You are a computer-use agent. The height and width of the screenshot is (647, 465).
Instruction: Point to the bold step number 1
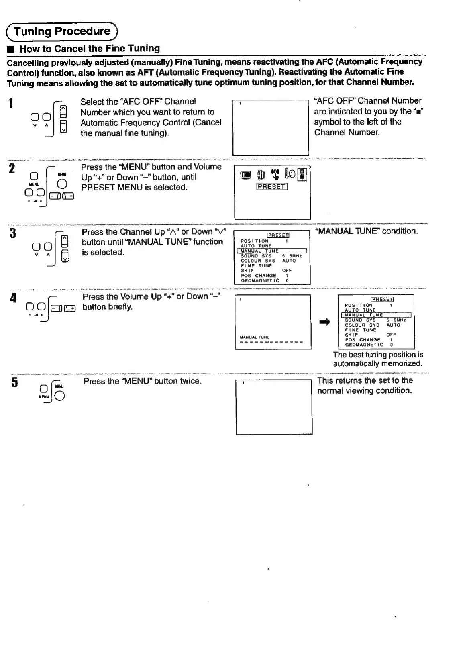[x=12, y=103]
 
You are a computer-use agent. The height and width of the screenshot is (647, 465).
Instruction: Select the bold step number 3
[x=13, y=233]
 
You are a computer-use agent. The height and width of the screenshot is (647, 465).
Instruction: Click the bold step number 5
[x=14, y=382]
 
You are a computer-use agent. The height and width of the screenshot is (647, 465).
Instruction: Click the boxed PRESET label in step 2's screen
[x=272, y=186]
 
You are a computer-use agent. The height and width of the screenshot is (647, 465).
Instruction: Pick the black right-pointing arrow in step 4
[x=324, y=322]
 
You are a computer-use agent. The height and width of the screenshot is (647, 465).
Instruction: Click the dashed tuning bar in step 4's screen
[x=271, y=343]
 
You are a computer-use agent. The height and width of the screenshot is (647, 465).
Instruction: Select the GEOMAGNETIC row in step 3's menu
[x=260, y=281]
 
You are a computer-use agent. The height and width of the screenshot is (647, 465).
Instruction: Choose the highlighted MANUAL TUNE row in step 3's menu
[x=272, y=251]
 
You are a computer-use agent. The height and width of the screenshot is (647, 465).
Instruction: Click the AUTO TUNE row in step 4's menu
[x=360, y=310]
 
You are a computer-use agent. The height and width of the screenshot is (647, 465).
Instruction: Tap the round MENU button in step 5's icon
[x=60, y=396]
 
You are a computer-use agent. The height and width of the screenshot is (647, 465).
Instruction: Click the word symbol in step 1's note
[x=327, y=122]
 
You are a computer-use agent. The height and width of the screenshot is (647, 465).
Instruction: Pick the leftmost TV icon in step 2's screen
[x=246, y=175]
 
